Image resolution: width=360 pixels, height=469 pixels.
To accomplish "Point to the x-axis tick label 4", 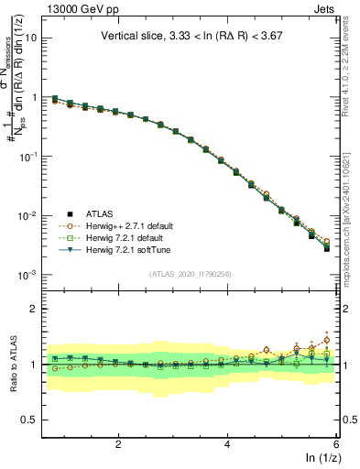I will click(227, 444).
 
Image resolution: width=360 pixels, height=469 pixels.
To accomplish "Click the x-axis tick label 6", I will click(335, 444).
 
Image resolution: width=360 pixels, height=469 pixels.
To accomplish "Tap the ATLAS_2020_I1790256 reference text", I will click(189, 274).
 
